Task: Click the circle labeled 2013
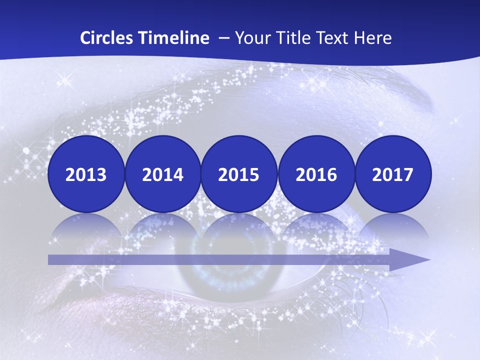(x=86, y=174)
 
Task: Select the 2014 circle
(x=162, y=174)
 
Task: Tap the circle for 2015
(x=239, y=174)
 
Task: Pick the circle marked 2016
(x=316, y=174)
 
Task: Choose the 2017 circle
(x=392, y=174)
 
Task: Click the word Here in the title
(x=372, y=38)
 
